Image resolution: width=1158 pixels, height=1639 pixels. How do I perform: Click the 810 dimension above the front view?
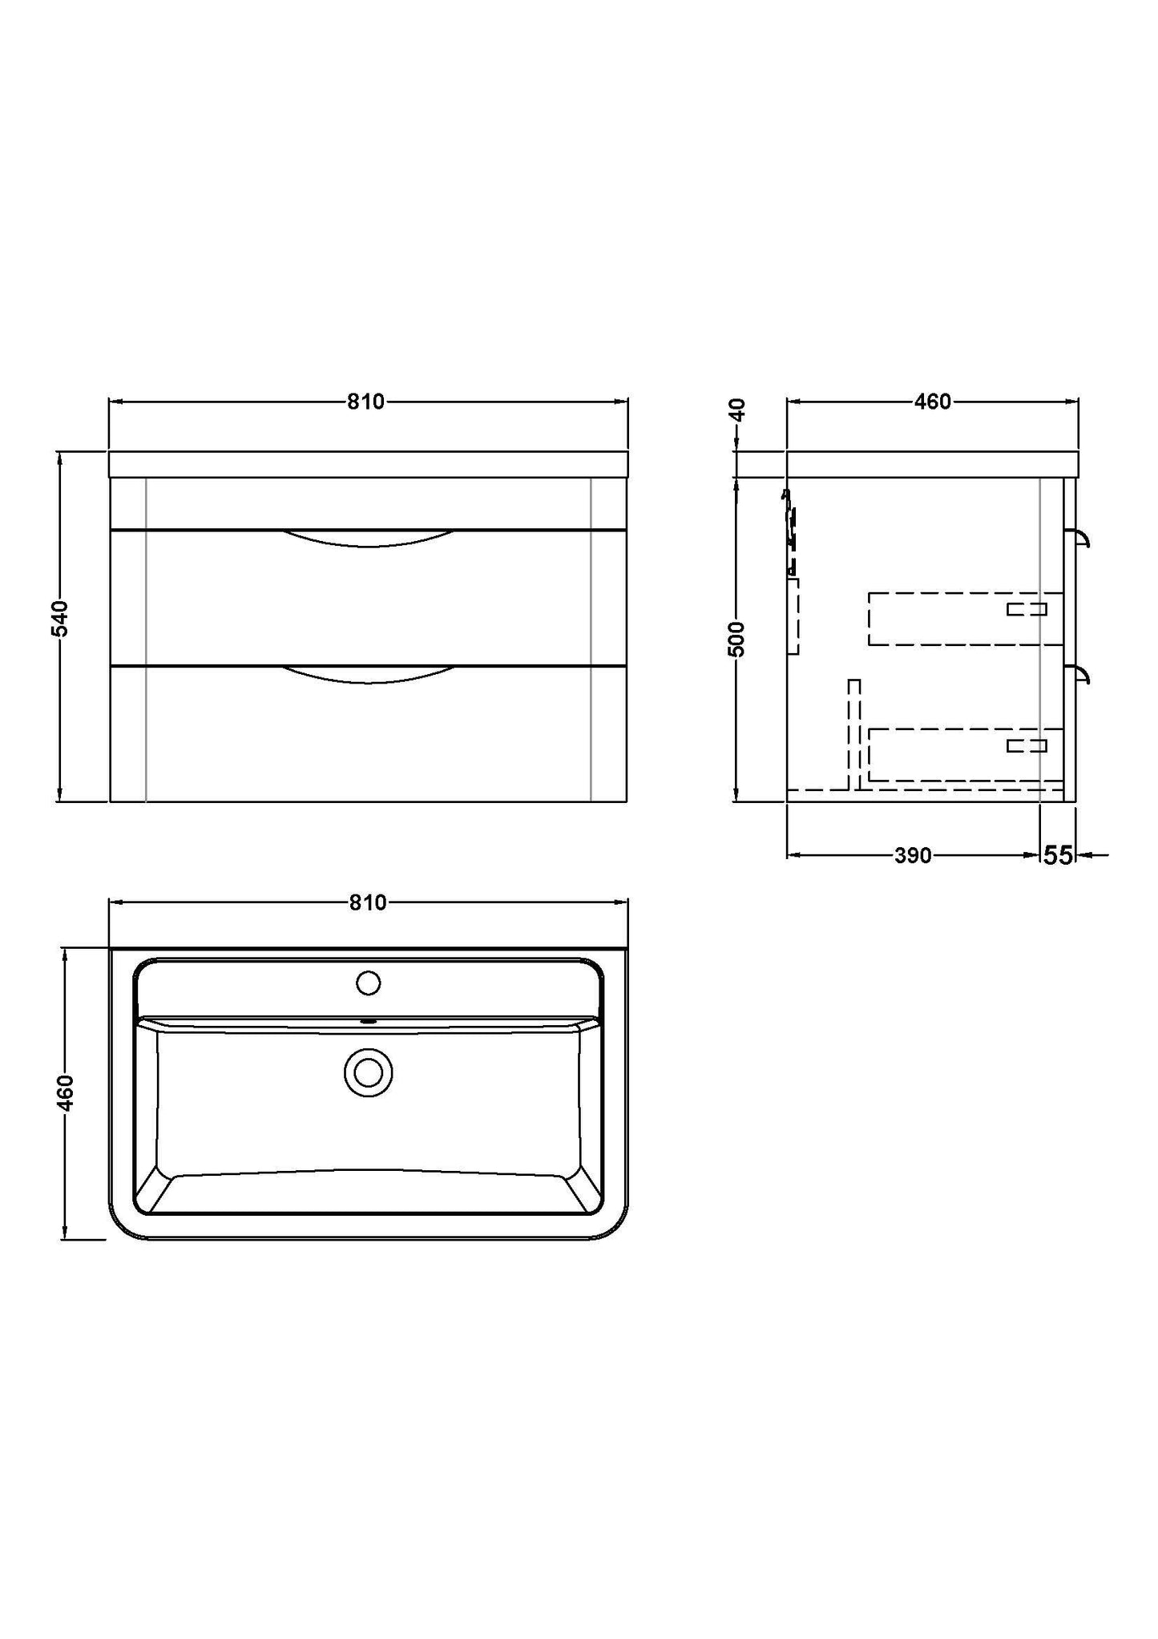[x=366, y=402]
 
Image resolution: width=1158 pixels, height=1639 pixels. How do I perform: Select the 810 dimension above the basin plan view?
[x=368, y=902]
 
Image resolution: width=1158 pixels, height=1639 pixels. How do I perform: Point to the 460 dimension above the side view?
[x=933, y=402]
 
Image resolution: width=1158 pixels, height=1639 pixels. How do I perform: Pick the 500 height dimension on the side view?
[x=738, y=639]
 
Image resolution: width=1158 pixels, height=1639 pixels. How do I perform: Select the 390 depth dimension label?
[x=913, y=856]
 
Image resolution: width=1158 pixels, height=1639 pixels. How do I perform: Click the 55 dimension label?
[x=1058, y=856]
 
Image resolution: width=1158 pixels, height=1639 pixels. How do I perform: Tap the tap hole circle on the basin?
[x=368, y=983]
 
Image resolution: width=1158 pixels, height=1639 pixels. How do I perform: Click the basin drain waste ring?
[x=369, y=1072]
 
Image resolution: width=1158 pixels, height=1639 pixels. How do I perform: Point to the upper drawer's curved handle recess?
[x=369, y=539]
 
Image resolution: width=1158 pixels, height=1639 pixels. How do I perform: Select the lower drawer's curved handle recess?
[x=369, y=675]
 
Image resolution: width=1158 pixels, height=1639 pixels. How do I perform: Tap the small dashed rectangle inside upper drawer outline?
[x=1027, y=609]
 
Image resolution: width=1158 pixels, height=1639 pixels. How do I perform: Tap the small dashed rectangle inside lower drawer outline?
[x=1027, y=746]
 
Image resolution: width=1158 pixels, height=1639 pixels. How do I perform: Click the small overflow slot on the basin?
[x=369, y=1022]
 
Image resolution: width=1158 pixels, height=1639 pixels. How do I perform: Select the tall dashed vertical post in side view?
[x=854, y=733]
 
